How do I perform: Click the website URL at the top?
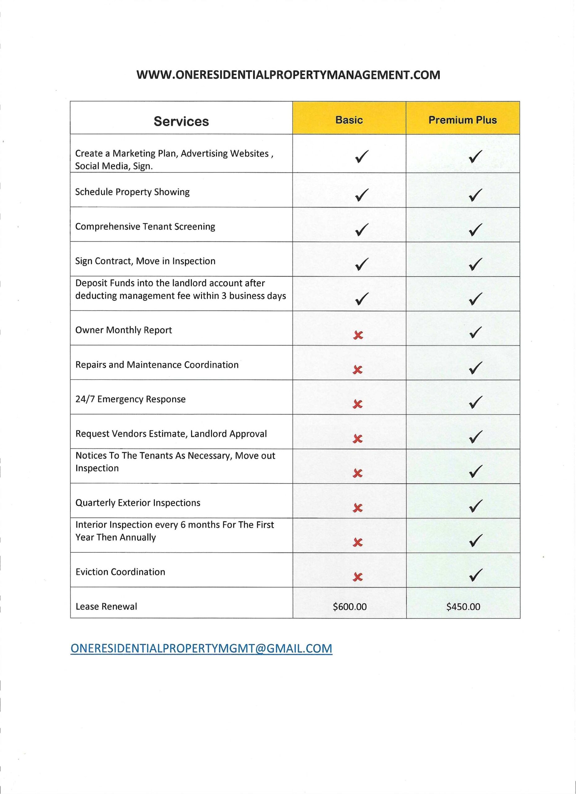(x=288, y=75)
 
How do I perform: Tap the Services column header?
(x=181, y=121)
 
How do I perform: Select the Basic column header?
(x=349, y=120)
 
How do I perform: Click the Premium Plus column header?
(x=462, y=120)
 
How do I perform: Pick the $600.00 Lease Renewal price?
(x=350, y=607)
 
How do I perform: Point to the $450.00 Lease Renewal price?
(x=463, y=607)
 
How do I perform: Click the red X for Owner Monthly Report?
(x=358, y=335)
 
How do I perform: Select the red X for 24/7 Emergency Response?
(x=358, y=404)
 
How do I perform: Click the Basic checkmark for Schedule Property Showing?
(x=361, y=195)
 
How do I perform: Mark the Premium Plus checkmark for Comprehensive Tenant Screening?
(x=475, y=229)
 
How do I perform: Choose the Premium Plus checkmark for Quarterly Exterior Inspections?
(x=475, y=506)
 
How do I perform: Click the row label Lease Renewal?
(x=106, y=607)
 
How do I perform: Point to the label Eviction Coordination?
(x=120, y=572)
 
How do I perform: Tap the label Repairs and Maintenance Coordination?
(x=157, y=365)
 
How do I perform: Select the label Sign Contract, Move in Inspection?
(x=145, y=261)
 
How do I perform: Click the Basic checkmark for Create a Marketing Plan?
(x=361, y=157)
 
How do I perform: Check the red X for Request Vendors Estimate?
(x=358, y=439)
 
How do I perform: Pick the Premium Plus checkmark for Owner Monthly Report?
(x=475, y=332)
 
